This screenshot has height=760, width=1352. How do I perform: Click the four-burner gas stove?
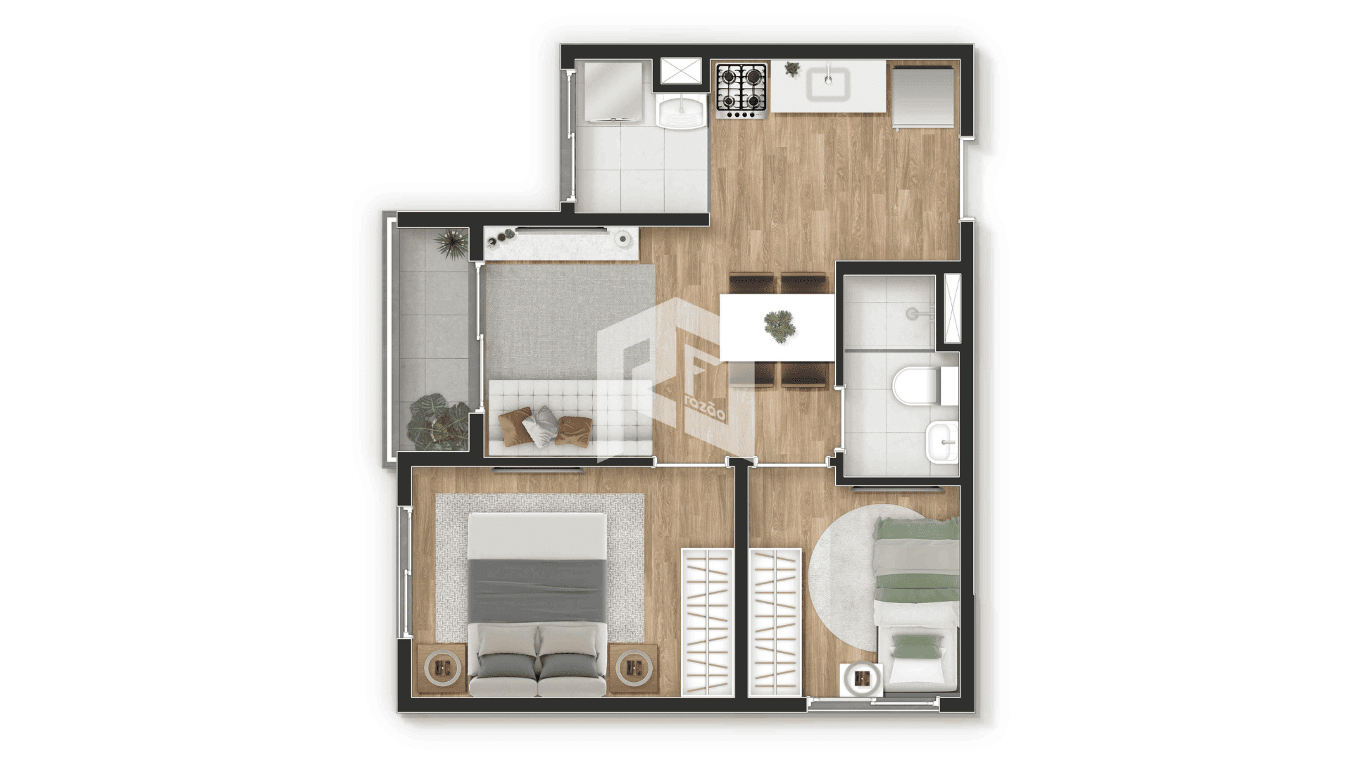pos(741,90)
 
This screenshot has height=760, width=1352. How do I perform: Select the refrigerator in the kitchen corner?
pos(923,96)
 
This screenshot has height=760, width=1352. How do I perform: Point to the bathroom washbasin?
pos(942,441)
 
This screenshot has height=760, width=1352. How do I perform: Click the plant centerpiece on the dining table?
pos(780,326)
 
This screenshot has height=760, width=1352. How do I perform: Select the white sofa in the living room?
pos(570,417)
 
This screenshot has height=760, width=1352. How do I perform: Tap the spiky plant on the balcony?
pos(451,243)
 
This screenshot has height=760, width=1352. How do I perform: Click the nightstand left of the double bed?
pos(442,668)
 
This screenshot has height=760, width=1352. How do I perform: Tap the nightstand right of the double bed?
pos(634,668)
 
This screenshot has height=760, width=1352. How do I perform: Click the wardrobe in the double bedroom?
pos(707,622)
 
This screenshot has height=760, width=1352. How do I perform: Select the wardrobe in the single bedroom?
pos(775,622)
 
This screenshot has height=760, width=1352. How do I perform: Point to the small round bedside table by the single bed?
pos(862,678)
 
